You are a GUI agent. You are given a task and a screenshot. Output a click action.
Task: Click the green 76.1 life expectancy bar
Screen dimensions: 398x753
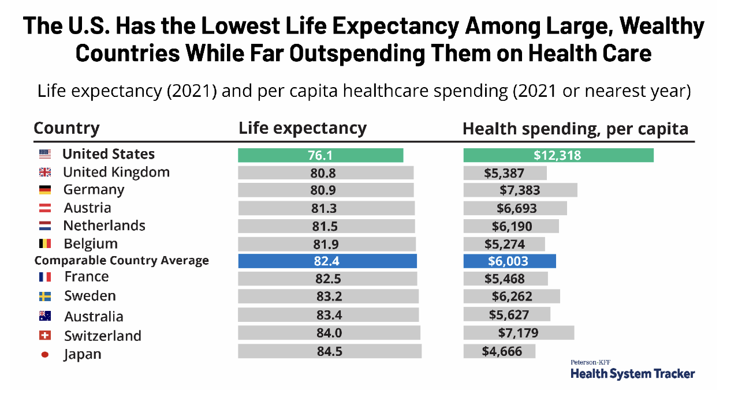320,155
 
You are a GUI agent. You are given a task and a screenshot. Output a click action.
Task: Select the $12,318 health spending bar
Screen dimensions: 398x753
558,155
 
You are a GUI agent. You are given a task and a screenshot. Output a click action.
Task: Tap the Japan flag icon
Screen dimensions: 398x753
44,355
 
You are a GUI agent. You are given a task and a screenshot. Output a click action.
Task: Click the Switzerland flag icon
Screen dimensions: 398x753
44,336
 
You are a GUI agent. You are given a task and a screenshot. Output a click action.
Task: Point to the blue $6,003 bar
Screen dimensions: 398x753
509,261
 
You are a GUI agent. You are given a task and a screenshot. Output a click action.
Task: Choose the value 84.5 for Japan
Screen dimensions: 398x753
329,351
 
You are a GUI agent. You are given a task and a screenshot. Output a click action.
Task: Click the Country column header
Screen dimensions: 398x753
66,128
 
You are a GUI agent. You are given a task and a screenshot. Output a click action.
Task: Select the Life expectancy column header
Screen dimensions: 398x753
303,128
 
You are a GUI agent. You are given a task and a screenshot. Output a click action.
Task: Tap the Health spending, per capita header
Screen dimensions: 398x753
575,129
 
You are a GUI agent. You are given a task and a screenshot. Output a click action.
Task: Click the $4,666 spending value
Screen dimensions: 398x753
502,351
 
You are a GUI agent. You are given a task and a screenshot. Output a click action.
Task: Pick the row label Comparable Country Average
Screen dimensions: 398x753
121,261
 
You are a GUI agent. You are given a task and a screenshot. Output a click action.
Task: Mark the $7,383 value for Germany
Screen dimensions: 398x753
520,190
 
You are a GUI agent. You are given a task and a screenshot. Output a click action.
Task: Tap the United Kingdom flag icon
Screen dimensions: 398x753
44,172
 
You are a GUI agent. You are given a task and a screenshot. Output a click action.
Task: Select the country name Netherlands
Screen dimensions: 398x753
104,226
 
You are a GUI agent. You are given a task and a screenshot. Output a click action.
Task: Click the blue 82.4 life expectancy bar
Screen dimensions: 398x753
327,261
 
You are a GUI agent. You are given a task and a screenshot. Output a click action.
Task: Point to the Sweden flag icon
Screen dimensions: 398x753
44,296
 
